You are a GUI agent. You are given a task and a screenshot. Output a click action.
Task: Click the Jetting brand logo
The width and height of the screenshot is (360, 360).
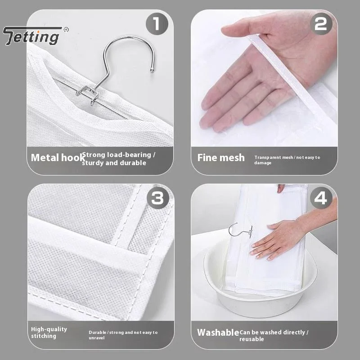[31, 36]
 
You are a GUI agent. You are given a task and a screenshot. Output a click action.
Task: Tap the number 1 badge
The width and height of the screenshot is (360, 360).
[157, 24]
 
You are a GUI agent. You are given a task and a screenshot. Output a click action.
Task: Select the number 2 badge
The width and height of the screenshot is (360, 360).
[320, 24]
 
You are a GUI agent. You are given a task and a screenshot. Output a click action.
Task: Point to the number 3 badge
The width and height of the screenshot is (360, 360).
[157, 198]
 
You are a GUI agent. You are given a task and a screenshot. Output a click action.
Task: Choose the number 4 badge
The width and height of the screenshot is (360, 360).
[320, 198]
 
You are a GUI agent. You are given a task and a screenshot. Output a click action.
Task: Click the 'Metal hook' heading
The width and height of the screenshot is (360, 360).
[57, 158]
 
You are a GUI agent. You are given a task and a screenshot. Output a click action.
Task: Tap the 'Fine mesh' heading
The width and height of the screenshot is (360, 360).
[221, 158]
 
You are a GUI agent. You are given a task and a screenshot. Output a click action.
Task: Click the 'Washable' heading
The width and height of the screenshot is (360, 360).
[218, 333]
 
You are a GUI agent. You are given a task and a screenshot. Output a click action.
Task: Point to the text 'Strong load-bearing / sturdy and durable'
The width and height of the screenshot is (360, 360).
[118, 159]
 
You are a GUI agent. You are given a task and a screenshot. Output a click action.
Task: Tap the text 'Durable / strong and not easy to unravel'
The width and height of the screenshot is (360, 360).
[123, 335]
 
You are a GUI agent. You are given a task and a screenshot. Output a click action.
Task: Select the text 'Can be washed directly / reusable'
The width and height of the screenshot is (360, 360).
[274, 335]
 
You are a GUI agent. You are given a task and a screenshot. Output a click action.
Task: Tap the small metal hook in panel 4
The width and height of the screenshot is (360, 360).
[238, 231]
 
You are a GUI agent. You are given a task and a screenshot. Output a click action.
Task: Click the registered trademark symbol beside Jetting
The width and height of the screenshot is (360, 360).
[66, 30]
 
